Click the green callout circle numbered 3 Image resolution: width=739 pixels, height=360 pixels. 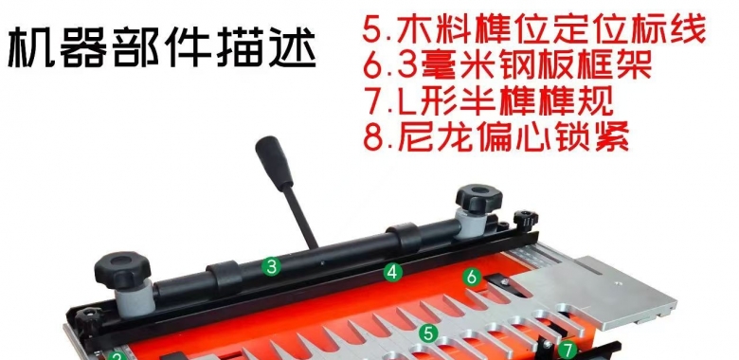[271, 267]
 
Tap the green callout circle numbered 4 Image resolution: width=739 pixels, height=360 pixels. [392, 272]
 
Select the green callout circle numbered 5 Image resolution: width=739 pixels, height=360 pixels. [428, 333]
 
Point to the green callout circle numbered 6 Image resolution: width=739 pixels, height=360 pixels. [472, 277]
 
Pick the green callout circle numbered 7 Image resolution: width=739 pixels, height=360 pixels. [568, 351]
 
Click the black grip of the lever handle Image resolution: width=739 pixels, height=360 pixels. [275, 163]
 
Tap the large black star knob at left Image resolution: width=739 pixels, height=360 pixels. [122, 270]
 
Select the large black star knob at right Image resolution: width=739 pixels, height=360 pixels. [478, 198]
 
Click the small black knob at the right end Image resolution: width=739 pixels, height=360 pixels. [526, 221]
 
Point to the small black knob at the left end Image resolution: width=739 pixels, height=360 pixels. [88, 319]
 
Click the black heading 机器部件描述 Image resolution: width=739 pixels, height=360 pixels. [162, 47]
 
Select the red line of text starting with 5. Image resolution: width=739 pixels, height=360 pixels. [534, 29]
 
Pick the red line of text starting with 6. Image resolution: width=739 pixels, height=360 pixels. [507, 65]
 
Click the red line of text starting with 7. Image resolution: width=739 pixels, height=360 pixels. [490, 99]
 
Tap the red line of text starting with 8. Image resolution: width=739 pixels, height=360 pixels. [496, 135]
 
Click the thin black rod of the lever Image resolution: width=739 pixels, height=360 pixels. [301, 217]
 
